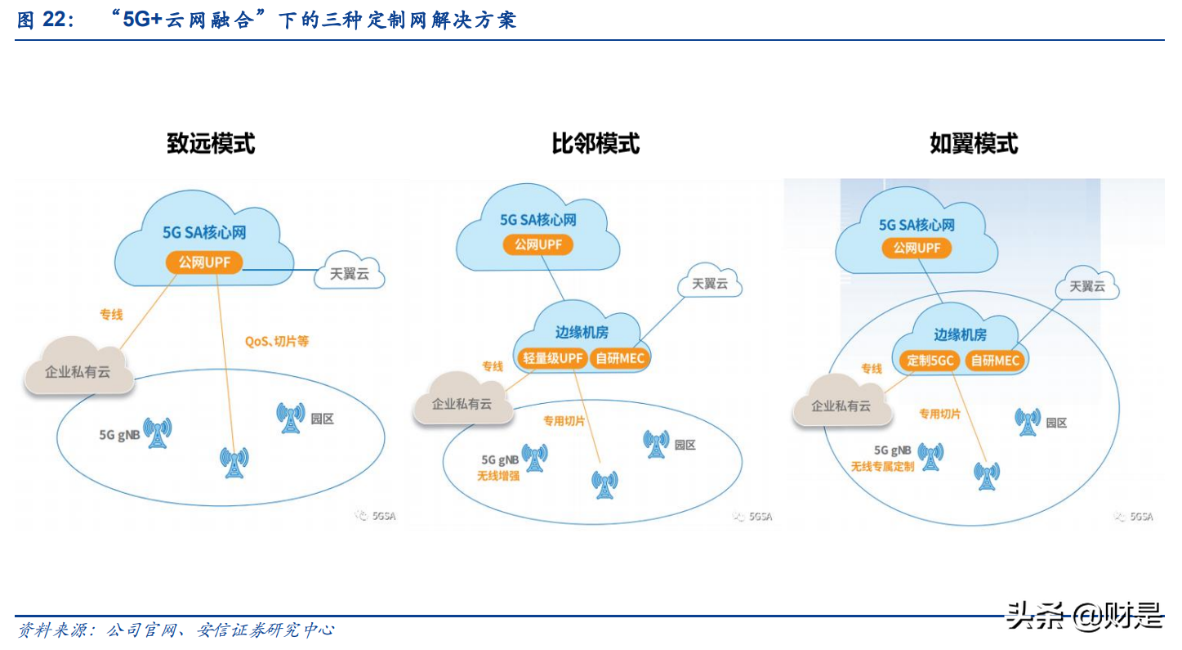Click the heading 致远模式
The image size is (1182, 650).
point(211,143)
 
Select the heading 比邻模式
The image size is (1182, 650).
point(595,144)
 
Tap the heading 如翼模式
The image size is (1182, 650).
point(974,144)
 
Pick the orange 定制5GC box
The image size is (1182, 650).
point(930,360)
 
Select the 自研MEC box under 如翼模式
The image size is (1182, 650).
point(996,360)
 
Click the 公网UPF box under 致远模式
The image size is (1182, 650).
point(204,262)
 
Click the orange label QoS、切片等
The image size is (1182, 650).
point(277,341)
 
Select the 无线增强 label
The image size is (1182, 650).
point(498,474)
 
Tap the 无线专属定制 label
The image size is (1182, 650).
point(882,466)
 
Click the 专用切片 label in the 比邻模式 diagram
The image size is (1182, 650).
point(564,420)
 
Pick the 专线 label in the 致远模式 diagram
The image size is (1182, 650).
point(111,314)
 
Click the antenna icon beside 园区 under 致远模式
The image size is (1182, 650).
point(290,418)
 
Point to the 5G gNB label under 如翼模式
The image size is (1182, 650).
point(892,451)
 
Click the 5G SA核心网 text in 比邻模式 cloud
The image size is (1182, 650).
point(538,220)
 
